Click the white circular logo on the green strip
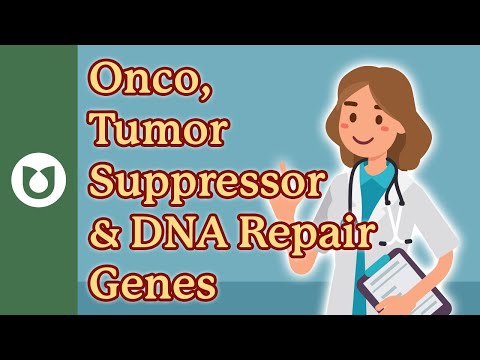coord(38,180)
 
